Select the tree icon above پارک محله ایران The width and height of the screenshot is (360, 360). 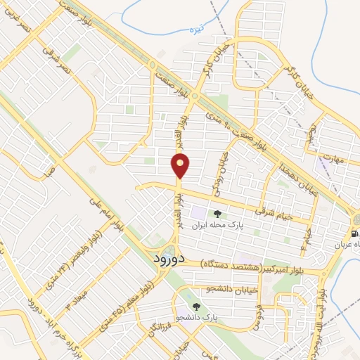point(218,213)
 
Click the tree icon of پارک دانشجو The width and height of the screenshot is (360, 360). point(196,307)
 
